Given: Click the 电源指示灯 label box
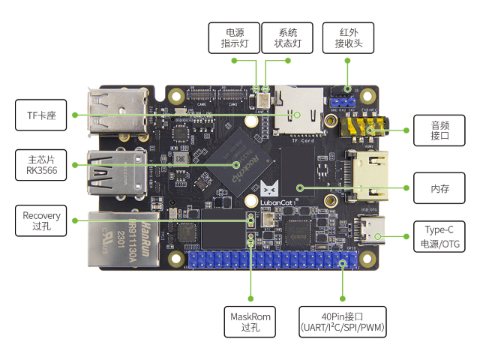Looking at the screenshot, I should pyautogui.click(x=234, y=37).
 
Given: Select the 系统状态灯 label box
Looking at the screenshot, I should pyautogui.click(x=288, y=37).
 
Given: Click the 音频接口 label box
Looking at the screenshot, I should pyautogui.click(x=439, y=130).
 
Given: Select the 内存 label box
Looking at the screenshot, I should pyautogui.click(x=439, y=187).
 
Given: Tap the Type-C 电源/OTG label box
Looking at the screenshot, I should pyautogui.click(x=439, y=236).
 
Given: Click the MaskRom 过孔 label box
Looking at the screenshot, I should pyautogui.click(x=250, y=320).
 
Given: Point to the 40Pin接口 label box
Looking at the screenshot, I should pyautogui.click(x=343, y=320).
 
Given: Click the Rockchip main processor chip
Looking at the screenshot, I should pyautogui.click(x=239, y=160).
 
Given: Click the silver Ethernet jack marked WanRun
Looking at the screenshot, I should pyautogui.click(x=113, y=238).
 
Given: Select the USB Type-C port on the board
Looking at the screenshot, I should pyautogui.click(x=372, y=229).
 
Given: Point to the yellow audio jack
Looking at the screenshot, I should pyautogui.click(x=358, y=128).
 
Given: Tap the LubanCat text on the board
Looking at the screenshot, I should pyautogui.click(x=280, y=202).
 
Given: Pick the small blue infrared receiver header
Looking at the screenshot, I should pyautogui.click(x=346, y=100).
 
